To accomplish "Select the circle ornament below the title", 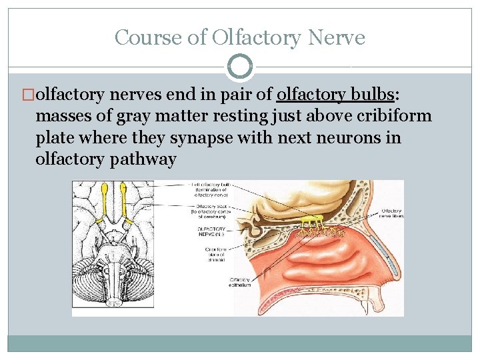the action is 240,66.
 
